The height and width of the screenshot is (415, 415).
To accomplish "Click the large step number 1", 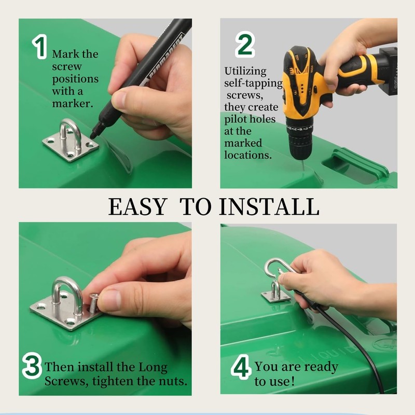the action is point(40,47).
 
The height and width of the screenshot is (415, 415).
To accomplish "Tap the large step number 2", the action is point(245,44).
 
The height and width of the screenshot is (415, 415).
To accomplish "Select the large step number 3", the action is point(32,365).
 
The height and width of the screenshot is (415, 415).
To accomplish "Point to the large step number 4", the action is point(241,367).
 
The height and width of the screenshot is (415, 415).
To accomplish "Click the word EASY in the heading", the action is point(137,206).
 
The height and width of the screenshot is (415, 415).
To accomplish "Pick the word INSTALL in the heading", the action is point(269,206).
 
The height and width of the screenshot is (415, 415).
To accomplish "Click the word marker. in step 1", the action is point(73,103).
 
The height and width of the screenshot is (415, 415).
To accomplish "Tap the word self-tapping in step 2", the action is point(254,84).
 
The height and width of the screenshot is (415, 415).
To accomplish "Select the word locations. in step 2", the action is point(248,155).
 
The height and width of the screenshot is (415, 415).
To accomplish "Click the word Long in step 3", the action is point(153,368).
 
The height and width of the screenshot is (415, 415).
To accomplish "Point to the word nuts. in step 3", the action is point(173,381).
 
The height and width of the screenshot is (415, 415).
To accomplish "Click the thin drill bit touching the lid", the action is point(302,165).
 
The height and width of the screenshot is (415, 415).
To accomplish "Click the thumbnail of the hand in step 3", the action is point(111,300).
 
